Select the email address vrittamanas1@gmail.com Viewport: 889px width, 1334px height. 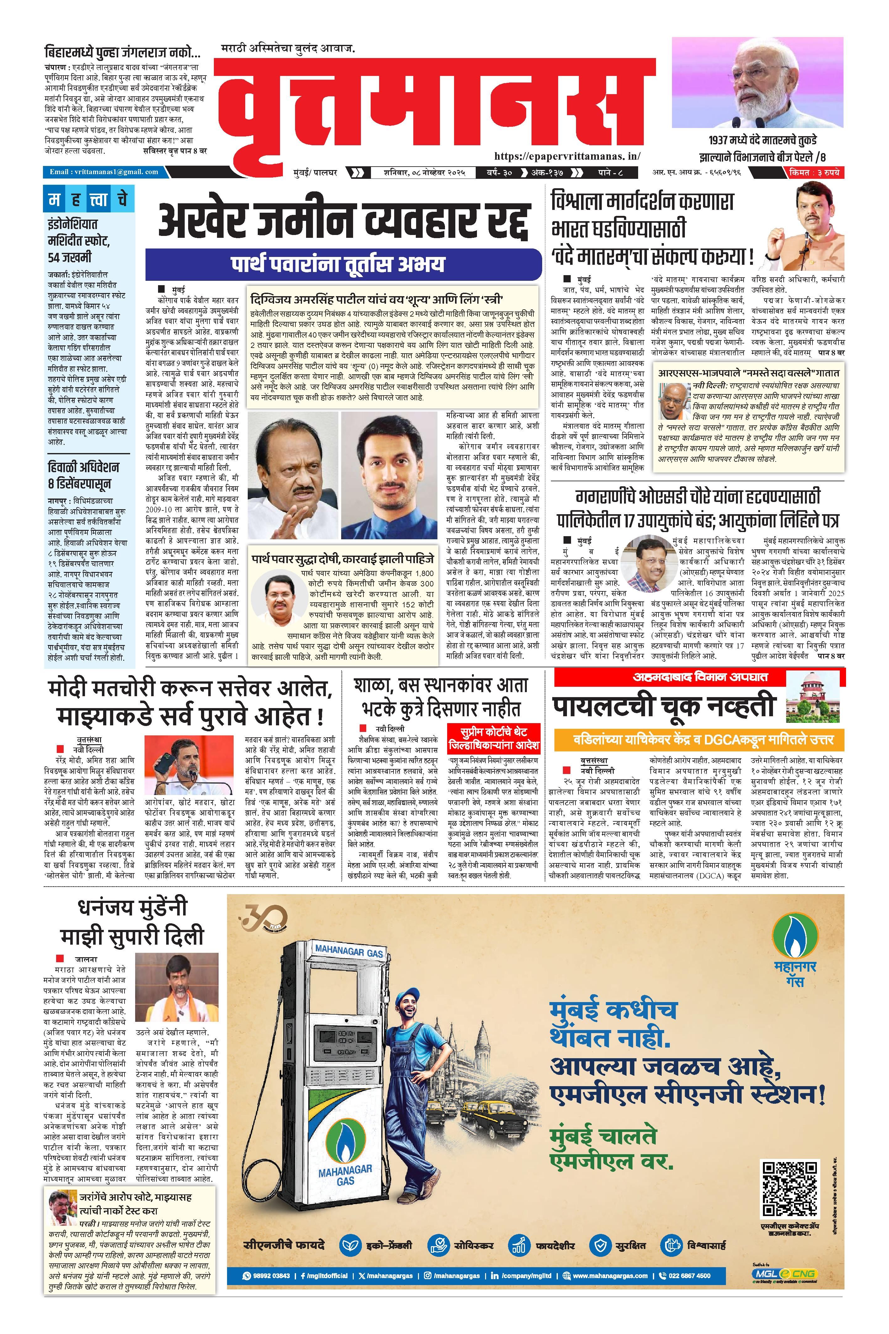tap(104, 172)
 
